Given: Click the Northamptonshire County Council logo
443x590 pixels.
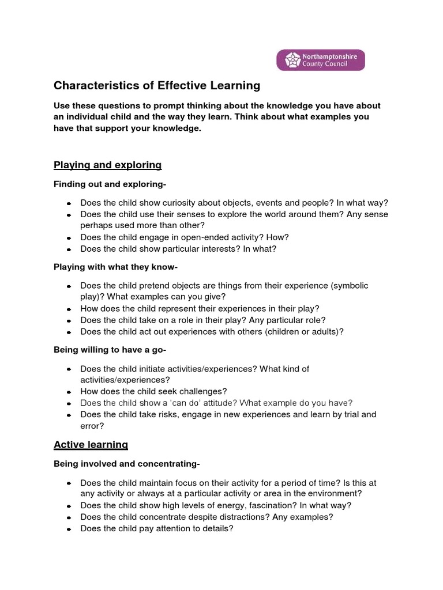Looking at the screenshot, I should click(x=320, y=60).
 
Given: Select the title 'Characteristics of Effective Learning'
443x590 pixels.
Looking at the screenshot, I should click(x=157, y=86).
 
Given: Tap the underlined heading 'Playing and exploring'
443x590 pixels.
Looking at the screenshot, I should click(x=107, y=165).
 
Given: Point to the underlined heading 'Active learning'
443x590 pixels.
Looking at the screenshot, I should click(x=91, y=445).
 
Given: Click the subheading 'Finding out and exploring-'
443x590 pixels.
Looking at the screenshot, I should click(x=110, y=184).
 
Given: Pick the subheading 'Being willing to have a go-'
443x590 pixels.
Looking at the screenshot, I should click(x=110, y=350).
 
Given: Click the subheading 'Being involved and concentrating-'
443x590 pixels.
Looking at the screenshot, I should click(x=126, y=464).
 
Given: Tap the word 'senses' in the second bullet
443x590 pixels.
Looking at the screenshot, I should click(x=189, y=214).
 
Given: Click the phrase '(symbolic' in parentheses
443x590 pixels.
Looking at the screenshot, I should click(x=348, y=286).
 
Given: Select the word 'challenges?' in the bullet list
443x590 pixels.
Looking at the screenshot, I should click(x=205, y=391).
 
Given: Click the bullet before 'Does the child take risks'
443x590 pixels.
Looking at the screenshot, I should click(x=69, y=415).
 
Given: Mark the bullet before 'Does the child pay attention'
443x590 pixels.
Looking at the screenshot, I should click(x=69, y=529).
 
